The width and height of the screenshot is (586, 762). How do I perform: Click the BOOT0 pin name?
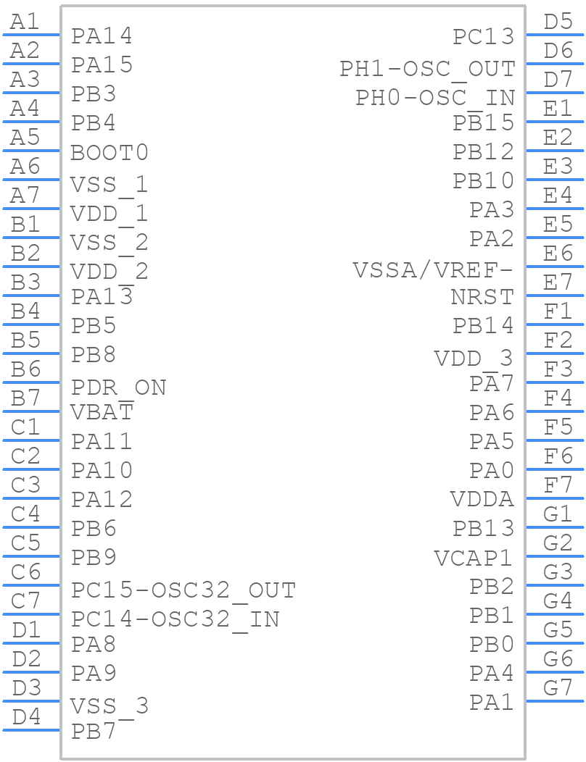110,153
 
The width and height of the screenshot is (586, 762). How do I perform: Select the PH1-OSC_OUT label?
427,69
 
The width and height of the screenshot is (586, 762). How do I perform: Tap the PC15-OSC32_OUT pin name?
183,590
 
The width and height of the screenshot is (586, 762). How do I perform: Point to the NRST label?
482,297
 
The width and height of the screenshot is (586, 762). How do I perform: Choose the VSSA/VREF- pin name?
433,270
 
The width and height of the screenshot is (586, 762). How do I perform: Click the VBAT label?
102,412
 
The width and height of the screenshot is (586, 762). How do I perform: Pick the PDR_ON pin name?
118,388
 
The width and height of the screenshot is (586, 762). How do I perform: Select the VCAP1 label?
474,558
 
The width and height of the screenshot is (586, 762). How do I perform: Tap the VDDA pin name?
482,500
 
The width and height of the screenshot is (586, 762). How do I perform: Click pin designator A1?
25,22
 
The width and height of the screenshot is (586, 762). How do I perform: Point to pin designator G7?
558,687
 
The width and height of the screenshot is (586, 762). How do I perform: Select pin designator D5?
558,22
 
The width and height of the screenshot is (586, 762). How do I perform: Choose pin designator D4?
27,717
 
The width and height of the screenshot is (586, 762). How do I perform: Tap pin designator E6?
558,254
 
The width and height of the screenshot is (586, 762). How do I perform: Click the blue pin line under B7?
31,411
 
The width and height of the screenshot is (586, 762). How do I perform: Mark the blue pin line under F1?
554,324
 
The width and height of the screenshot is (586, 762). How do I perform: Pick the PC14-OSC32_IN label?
175,619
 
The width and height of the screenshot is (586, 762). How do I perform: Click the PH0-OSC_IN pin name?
434,98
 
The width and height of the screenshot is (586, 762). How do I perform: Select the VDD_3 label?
473,358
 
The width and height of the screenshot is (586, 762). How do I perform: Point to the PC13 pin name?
483,36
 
